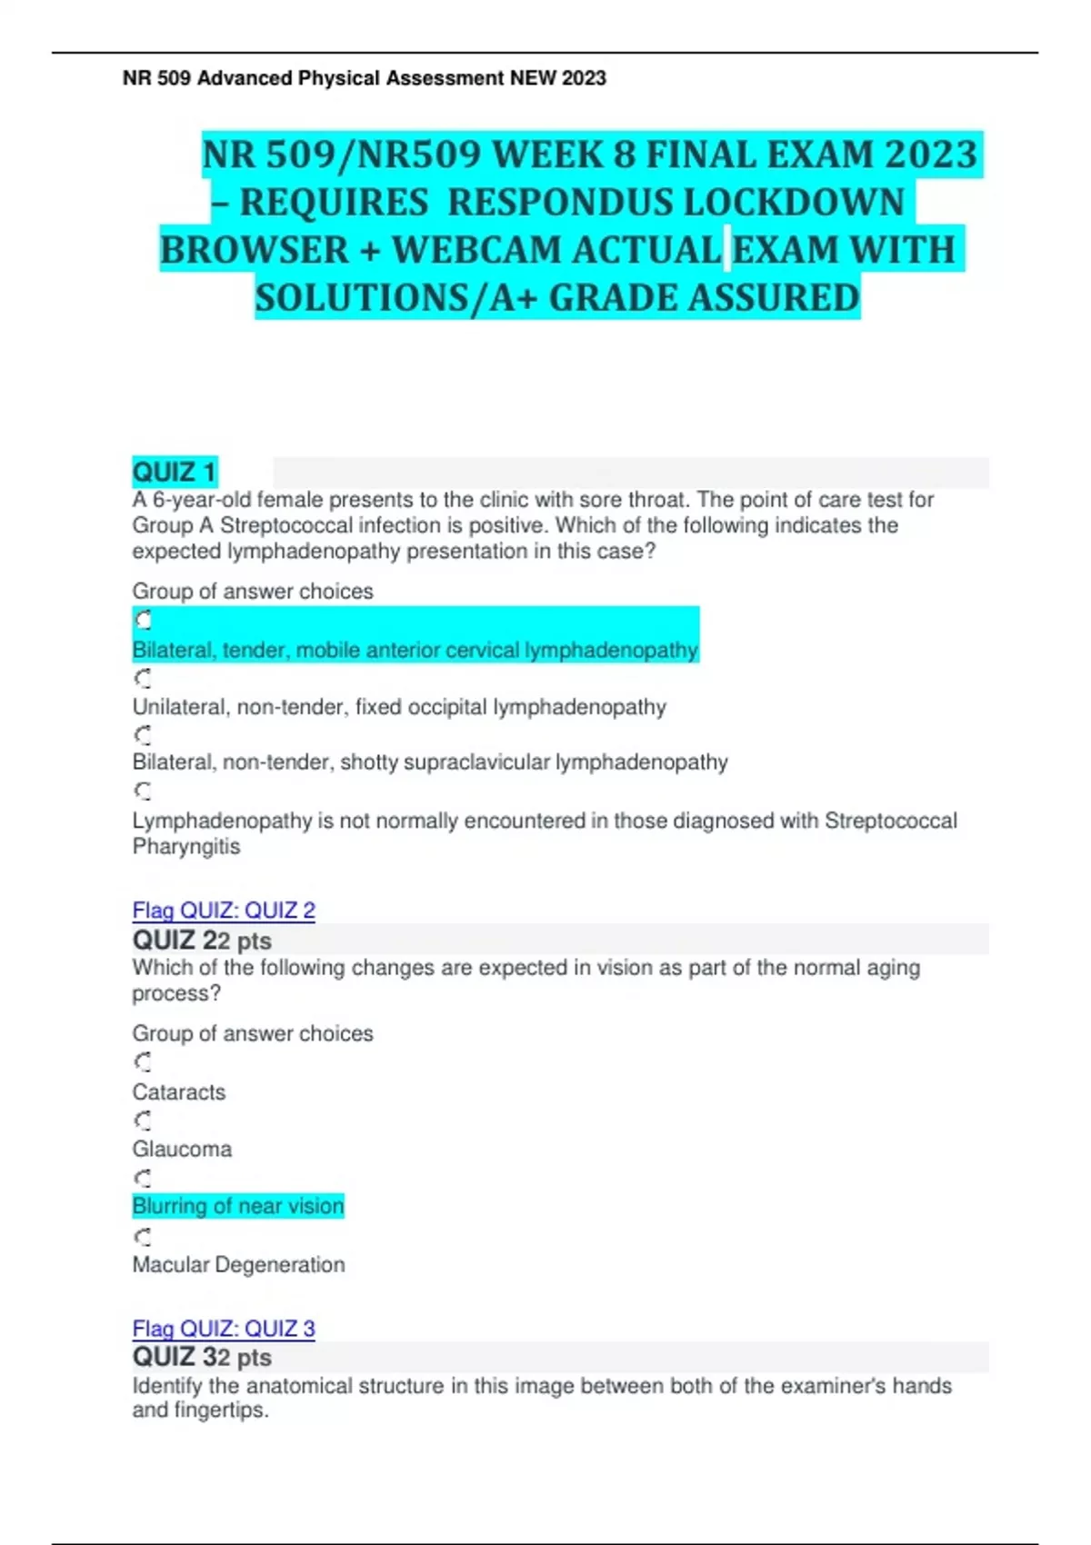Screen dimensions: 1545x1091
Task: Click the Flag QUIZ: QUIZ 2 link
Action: coord(224,910)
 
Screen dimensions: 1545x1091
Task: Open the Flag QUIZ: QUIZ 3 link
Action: coord(224,1328)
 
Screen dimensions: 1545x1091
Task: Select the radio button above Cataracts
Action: coord(143,1062)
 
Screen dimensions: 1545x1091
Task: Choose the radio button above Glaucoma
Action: coord(143,1120)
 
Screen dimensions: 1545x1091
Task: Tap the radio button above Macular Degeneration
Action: coord(143,1236)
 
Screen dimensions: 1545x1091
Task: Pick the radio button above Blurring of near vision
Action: coord(143,1178)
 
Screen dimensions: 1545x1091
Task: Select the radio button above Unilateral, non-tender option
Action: coord(143,678)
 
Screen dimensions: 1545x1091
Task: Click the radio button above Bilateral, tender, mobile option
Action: coord(143,620)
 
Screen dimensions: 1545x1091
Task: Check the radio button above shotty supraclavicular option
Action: coord(143,734)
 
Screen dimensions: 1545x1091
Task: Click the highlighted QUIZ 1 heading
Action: coord(175,473)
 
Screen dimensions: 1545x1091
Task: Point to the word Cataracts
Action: coord(179,1091)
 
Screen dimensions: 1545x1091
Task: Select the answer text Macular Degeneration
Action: coord(238,1264)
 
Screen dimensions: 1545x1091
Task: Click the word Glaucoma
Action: coord(182,1149)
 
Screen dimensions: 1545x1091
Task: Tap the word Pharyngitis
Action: coord(186,846)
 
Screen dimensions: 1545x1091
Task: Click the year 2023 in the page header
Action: coord(584,78)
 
